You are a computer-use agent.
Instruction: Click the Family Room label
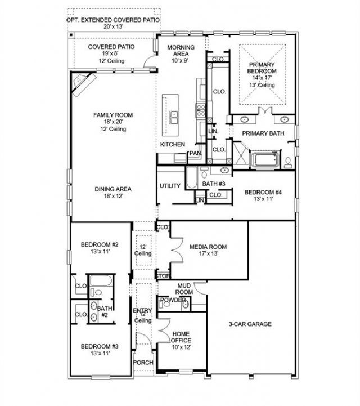[x=113, y=115]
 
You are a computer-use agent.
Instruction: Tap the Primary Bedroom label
[x=262, y=68]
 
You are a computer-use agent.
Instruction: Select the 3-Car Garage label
[x=250, y=324]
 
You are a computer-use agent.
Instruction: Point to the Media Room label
[x=208, y=247]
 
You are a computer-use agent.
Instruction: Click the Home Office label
[x=181, y=337]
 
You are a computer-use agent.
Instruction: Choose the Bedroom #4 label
[x=263, y=192]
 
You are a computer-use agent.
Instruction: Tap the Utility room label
[x=170, y=186]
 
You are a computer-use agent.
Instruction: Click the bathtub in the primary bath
[x=265, y=160]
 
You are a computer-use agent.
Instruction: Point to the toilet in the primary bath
[x=287, y=163]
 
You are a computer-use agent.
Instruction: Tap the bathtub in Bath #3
[x=192, y=177]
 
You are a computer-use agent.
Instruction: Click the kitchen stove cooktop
[x=201, y=110]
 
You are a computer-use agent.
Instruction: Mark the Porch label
[x=143, y=363]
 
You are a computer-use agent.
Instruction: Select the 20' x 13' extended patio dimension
[x=112, y=26]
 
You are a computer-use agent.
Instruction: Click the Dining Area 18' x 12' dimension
[x=113, y=196]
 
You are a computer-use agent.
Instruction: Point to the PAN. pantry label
[x=196, y=153]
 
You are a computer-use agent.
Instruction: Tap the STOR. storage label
[x=163, y=276]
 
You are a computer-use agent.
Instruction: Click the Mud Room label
[x=184, y=289]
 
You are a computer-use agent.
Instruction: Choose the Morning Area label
[x=181, y=51]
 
